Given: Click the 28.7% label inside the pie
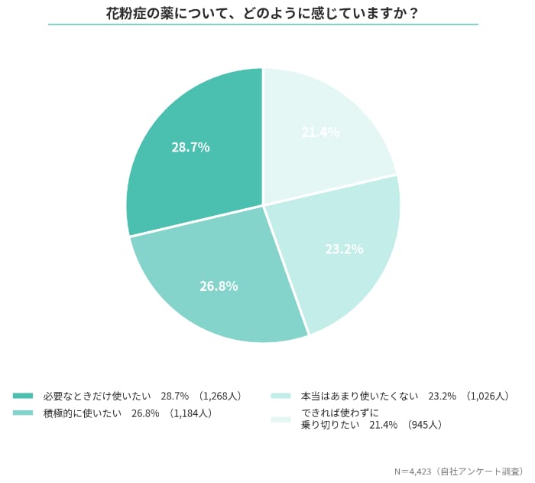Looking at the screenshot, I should click(190, 147).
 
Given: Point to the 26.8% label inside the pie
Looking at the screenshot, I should click(219, 286).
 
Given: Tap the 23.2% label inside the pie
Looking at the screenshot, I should click(343, 249).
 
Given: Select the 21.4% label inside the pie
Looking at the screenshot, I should click(320, 132).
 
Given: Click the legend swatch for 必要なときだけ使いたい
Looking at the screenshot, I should click(23, 396).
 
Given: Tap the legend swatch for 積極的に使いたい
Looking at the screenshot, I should click(23, 413).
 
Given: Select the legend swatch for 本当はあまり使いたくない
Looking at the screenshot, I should click(281, 396).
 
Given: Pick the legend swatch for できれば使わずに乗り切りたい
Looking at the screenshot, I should click(281, 419).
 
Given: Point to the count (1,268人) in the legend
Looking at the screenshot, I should click(220, 396).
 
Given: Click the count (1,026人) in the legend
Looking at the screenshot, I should click(486, 396).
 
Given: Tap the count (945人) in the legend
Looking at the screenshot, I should click(424, 424).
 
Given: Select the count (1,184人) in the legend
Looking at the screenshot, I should click(190, 413).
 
